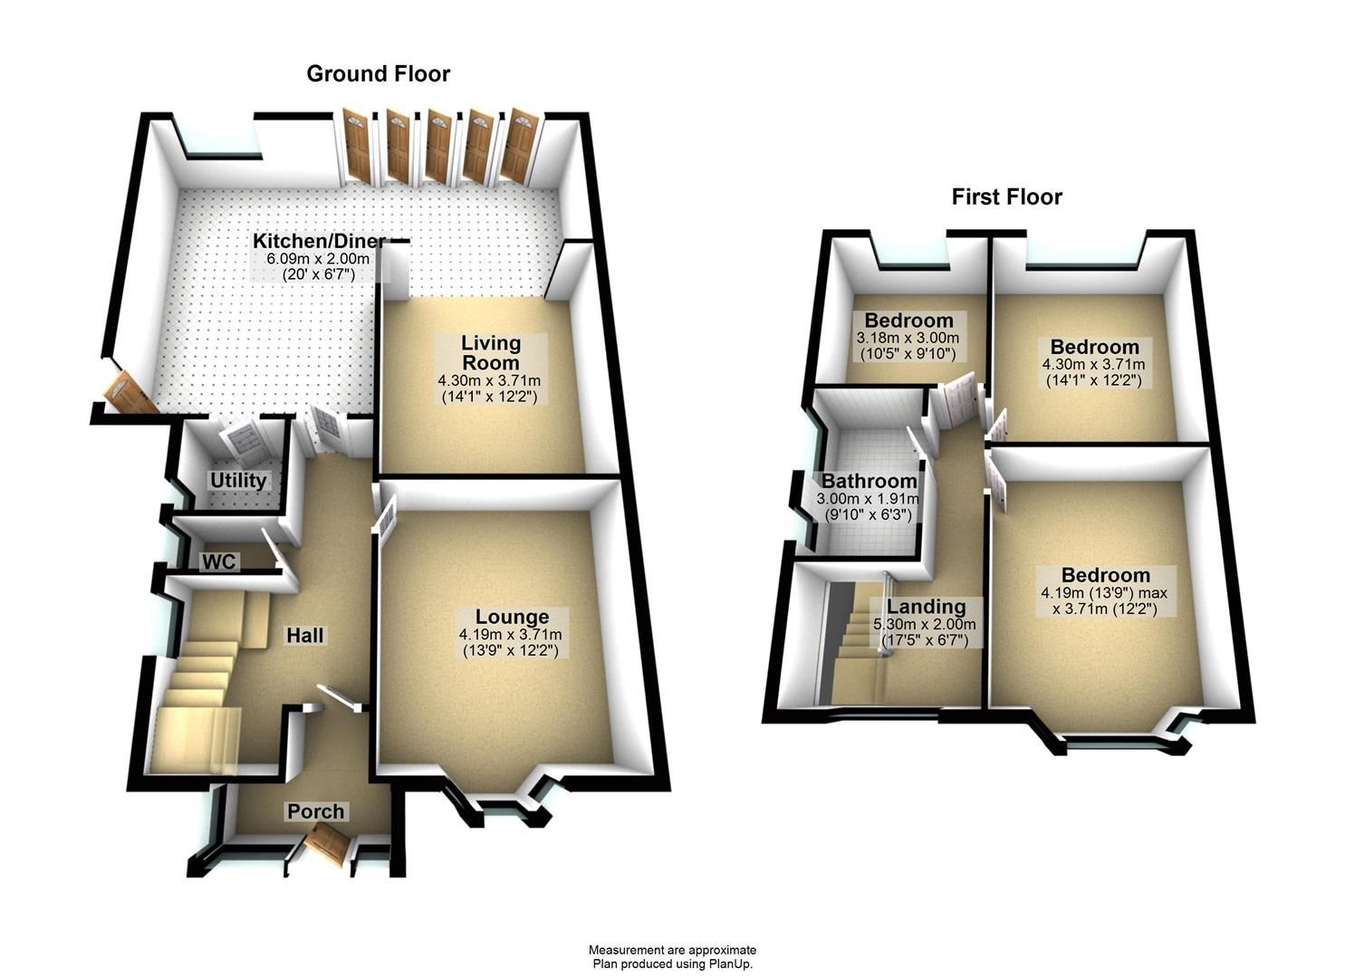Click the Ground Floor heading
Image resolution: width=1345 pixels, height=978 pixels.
coord(378,73)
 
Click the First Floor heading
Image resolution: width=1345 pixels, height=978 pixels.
coord(1006,197)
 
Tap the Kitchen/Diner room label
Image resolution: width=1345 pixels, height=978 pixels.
coord(318,242)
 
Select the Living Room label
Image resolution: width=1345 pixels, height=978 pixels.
coord(491,352)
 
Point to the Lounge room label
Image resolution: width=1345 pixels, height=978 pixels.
coord(512,618)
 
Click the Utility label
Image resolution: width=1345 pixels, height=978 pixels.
coord(238,480)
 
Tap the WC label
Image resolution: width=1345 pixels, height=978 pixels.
coord(218,562)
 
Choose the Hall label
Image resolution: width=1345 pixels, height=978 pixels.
coord(305,636)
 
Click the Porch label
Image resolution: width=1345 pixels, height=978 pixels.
coord(316,811)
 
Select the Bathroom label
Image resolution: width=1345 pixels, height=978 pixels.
coord(869,482)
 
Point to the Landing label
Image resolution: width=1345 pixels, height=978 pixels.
coord(926,607)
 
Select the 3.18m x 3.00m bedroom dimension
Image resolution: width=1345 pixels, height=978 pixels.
coord(907,338)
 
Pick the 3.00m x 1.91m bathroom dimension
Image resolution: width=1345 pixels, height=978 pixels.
coord(868,499)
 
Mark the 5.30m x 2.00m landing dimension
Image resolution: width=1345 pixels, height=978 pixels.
coord(926,624)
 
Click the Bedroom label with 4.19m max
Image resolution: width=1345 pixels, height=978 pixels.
coord(1106,575)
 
